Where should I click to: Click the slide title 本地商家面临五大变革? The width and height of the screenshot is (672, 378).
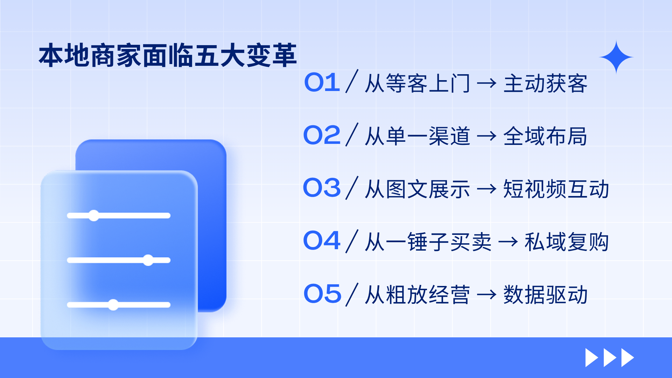coord(168,55)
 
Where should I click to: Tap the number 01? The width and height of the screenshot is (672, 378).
coord(322,83)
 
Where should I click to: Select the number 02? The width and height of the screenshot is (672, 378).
coord(322,135)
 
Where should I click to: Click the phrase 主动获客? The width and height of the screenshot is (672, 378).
coord(546,84)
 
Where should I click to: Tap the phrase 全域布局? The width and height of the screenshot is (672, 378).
coord(545,136)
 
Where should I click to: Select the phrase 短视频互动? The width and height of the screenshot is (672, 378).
coord(556,189)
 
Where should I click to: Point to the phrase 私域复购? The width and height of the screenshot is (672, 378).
coord(567,242)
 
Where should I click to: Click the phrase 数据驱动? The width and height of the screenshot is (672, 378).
coord(546,295)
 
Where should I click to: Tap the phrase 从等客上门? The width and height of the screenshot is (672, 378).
coord(417,84)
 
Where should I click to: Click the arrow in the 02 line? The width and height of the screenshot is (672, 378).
coord(486,136)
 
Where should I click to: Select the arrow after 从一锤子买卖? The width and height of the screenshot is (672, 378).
coord(508,241)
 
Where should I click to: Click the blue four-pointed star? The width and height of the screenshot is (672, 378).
coord(616,57)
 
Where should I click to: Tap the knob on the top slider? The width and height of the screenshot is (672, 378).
coord(94,216)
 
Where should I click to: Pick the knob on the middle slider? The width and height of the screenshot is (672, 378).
coord(148,260)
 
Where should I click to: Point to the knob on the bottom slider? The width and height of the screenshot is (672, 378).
coord(113,305)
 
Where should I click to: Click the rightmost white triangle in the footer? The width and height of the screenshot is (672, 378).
coord(628,357)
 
